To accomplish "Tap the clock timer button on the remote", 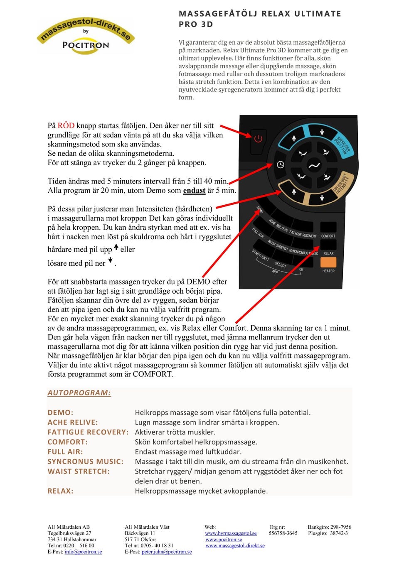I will click(281, 165).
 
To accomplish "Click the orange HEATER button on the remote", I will click(328, 262).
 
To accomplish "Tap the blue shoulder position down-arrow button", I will click(322, 132).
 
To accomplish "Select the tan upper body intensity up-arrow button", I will click(294, 191).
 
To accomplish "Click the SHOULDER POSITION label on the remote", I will click(342, 145).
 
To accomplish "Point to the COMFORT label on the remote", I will click(328, 236).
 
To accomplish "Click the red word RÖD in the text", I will click(66, 125).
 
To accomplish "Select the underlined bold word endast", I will click(194, 191).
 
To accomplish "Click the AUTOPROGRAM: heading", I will click(79, 393).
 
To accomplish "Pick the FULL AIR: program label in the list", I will click(65, 452).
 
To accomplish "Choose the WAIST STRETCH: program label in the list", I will click(79, 471).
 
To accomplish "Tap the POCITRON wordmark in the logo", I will click(86, 45).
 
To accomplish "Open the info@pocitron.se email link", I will click(83, 552).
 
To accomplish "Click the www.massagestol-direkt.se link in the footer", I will click(235, 546).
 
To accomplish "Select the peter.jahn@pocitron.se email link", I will click(167, 552).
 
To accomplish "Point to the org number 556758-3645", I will click(283, 533).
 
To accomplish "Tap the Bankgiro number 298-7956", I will click(340, 527).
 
